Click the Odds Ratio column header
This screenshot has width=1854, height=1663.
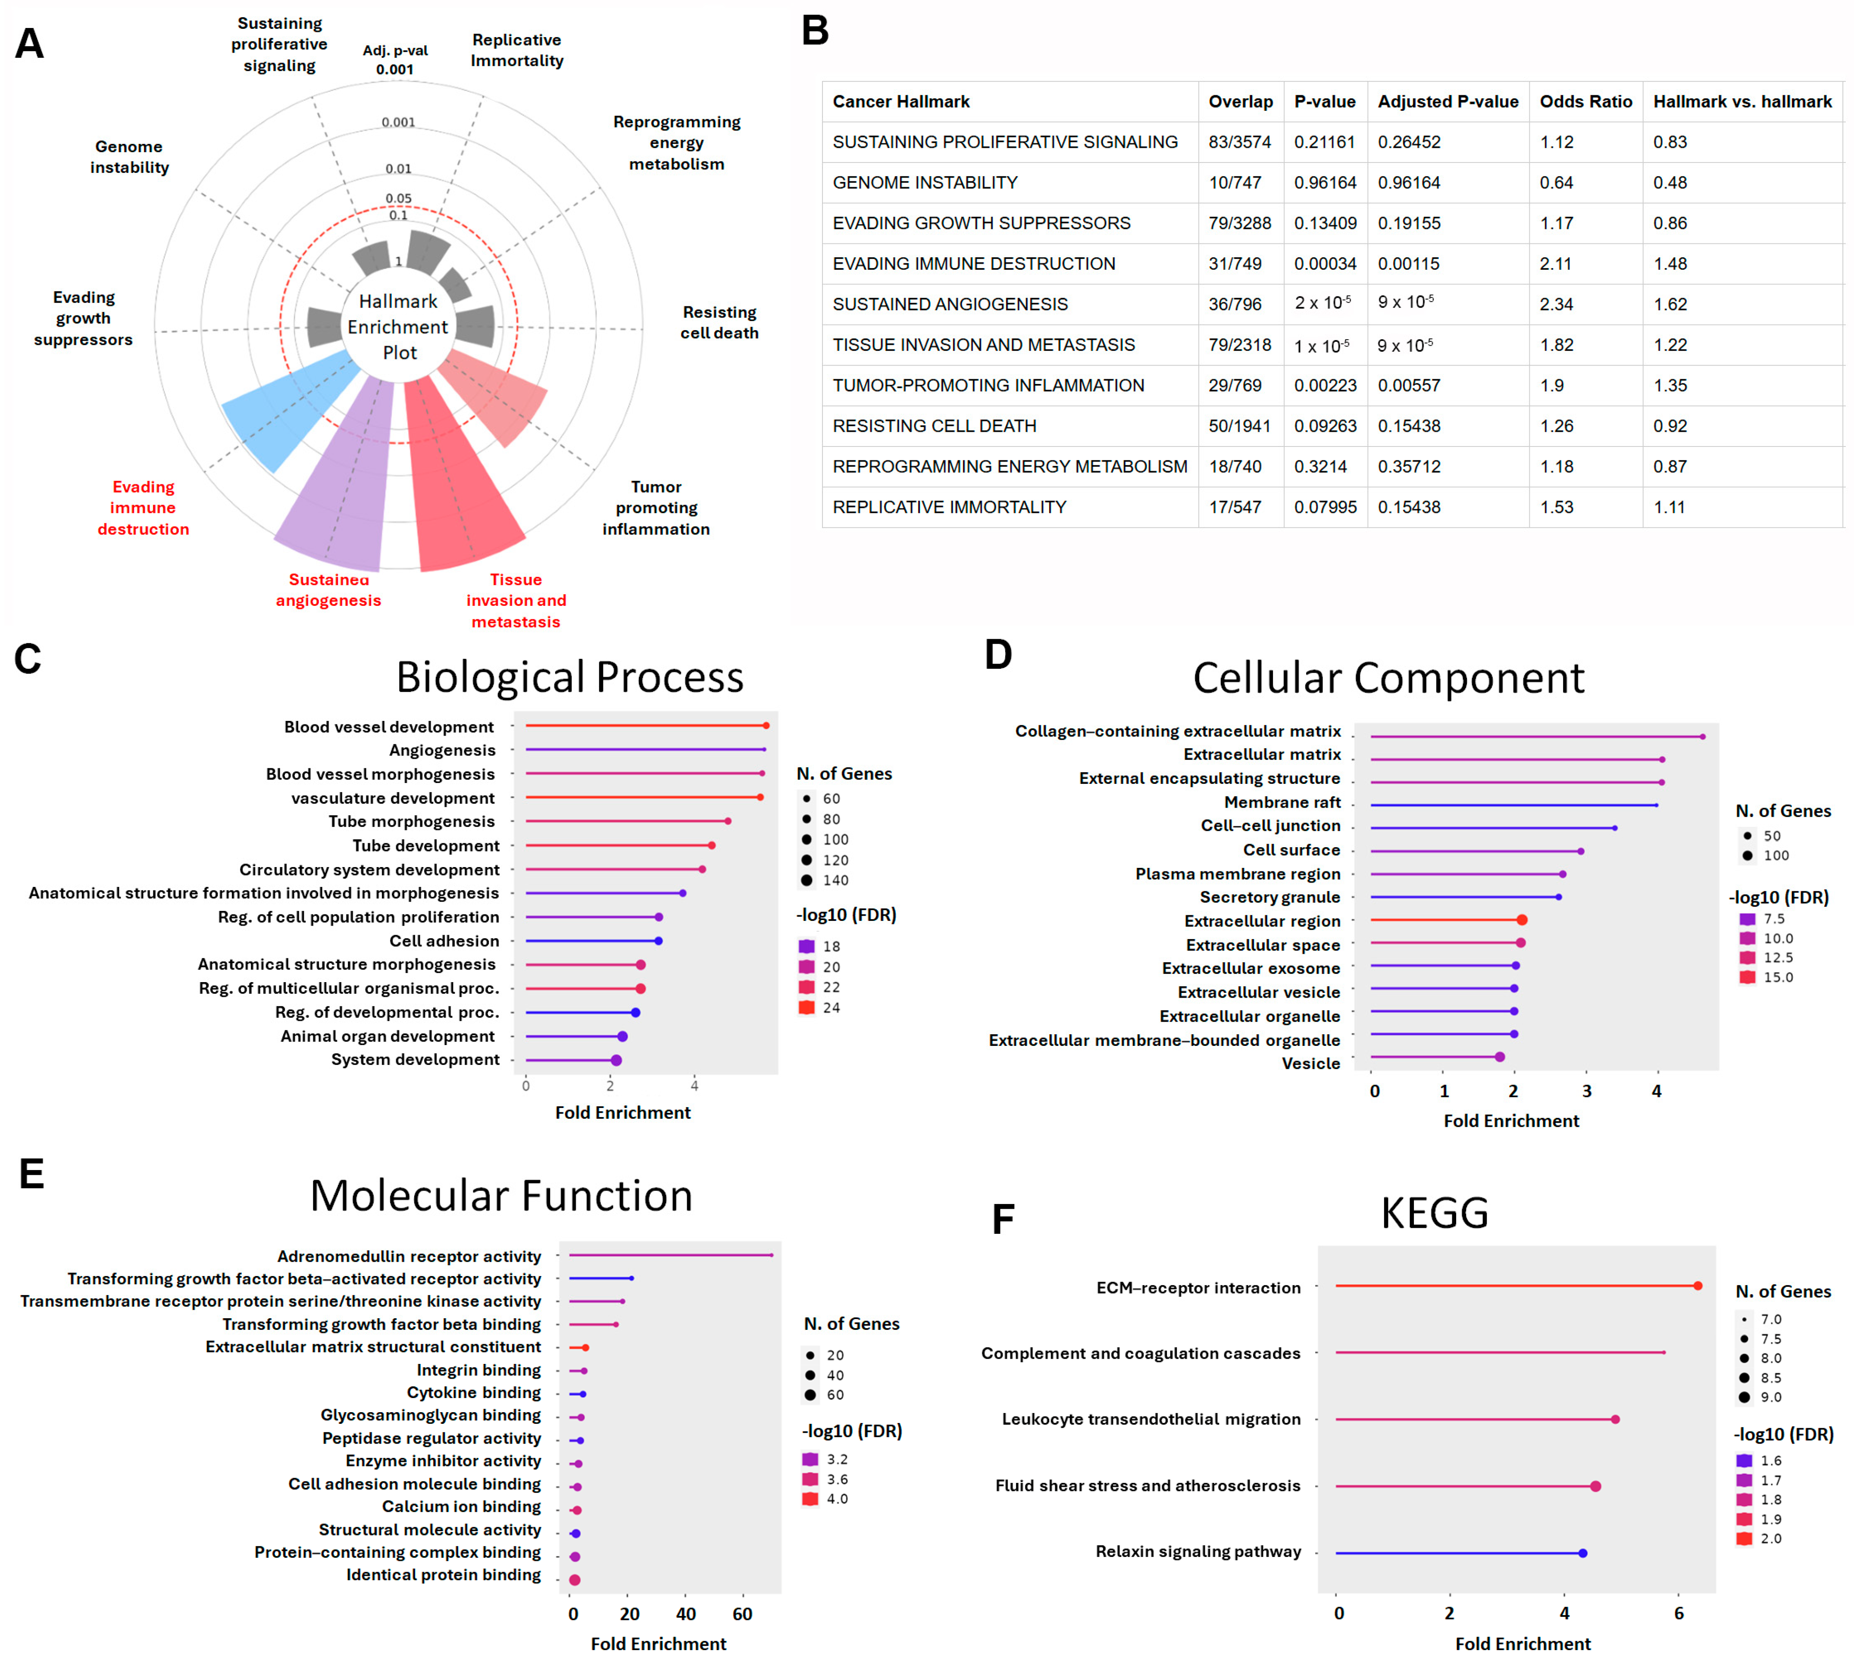pyautogui.click(x=1585, y=101)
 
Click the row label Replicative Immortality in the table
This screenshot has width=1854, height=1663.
pyautogui.click(x=948, y=507)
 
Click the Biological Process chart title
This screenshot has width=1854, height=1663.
pyautogui.click(x=569, y=677)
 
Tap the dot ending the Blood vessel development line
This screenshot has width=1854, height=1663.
pyautogui.click(x=766, y=726)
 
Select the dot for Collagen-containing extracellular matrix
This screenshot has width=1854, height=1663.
pyautogui.click(x=1702, y=736)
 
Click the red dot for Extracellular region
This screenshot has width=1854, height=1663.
pyautogui.click(x=1521, y=920)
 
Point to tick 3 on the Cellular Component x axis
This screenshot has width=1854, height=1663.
pyautogui.click(x=1586, y=1091)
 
